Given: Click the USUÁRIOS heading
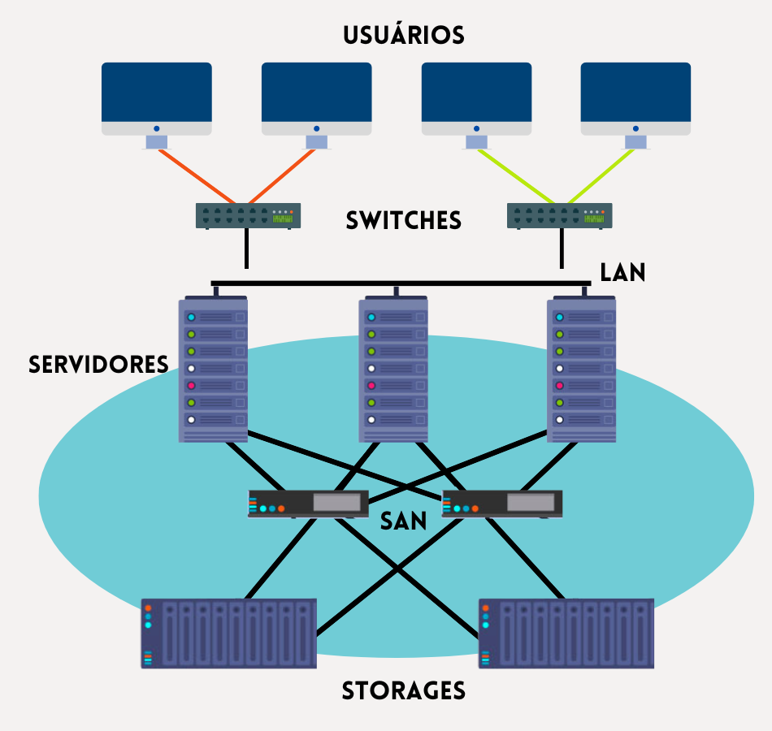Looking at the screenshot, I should point(403,36).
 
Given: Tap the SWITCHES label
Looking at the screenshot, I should point(403,221).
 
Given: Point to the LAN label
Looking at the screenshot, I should point(622,273).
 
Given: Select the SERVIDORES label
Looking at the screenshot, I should point(98,365).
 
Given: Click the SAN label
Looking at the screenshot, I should point(404,521).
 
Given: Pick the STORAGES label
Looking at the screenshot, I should point(403,691).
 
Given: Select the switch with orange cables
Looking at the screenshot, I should point(248,215).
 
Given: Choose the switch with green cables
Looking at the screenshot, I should point(559,215).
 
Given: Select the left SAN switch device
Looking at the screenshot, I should point(308,504).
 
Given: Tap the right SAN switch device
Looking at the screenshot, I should point(501,504).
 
